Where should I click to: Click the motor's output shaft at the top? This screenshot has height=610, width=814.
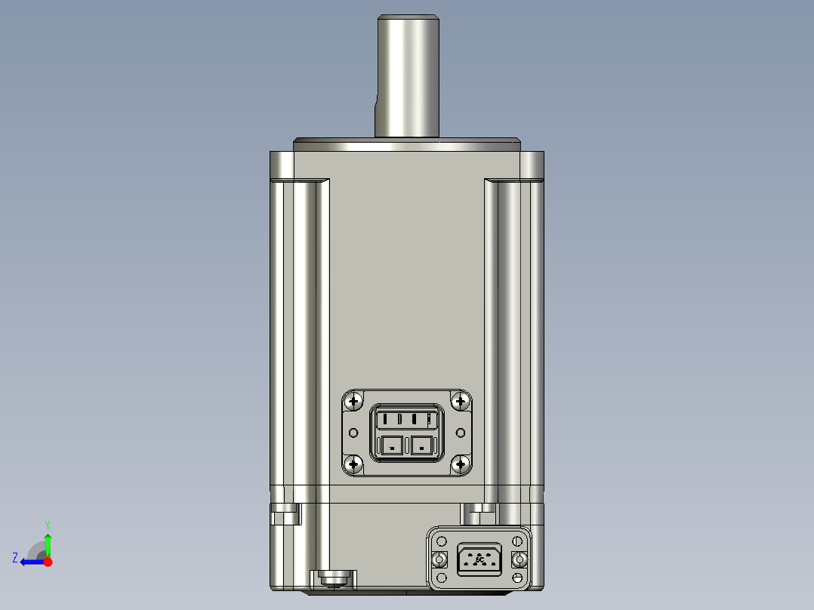(407, 75)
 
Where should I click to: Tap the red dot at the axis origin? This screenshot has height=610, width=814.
(48, 562)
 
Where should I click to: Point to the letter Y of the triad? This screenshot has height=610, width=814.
(47, 524)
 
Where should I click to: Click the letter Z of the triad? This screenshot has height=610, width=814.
(15, 558)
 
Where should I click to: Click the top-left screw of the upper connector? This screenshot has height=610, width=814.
(353, 402)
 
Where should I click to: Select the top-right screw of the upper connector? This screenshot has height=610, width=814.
(461, 402)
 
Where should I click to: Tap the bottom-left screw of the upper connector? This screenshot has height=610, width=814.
(353, 464)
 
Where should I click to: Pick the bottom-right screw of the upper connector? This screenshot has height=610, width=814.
(461, 464)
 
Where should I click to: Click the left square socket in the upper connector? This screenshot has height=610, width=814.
(392, 446)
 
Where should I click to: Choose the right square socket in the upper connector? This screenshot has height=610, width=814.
(421, 446)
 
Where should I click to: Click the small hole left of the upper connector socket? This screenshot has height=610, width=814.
(353, 433)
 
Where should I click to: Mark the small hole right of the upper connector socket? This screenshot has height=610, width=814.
(461, 433)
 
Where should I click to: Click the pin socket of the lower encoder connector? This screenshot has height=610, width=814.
(479, 559)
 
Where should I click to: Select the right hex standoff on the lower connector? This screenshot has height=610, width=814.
(518, 559)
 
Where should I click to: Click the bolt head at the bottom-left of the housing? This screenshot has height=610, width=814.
(332, 579)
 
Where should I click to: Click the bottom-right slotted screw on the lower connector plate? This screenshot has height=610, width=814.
(517, 578)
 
